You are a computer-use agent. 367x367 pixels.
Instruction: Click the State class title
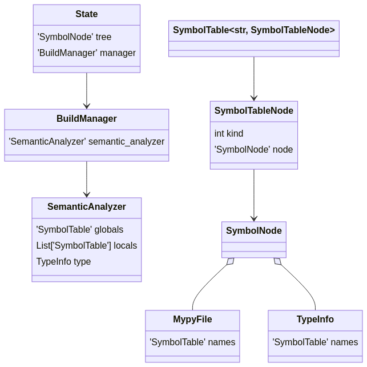pos(87,14)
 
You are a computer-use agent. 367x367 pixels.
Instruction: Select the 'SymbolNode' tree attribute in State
pos(74,37)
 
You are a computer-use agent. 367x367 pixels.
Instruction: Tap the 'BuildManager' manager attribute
pos(87,53)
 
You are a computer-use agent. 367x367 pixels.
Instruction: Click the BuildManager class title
pos(87,119)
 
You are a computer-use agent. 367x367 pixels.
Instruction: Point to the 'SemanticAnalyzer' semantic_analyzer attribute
pos(87,142)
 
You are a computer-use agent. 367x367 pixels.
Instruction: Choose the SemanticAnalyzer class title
pos(87,207)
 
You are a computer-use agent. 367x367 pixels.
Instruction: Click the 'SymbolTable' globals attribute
pos(80,230)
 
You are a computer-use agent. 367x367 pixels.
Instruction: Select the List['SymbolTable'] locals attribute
pos(87,246)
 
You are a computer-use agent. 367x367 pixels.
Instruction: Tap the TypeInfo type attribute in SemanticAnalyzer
pos(63,262)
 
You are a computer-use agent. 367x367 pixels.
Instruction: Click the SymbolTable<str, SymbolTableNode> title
pos(254,30)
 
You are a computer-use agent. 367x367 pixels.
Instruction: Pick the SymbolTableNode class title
pos(254,111)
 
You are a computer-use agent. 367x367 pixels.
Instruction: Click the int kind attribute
pos(229,134)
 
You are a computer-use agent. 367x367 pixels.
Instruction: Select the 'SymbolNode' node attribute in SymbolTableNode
pos(254,150)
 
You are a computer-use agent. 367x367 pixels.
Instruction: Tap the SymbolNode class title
pos(254,231)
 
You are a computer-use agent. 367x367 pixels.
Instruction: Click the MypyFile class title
pos(192,320)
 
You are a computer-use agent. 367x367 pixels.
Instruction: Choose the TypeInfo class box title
pos(315,320)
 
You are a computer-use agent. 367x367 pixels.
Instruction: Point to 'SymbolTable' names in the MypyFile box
pos(192,342)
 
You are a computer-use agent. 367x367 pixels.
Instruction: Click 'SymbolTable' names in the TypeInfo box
pos(315,342)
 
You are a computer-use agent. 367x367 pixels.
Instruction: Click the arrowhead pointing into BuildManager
pos(87,106)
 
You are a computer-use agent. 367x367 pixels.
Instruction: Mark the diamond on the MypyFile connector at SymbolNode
pos(231,261)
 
